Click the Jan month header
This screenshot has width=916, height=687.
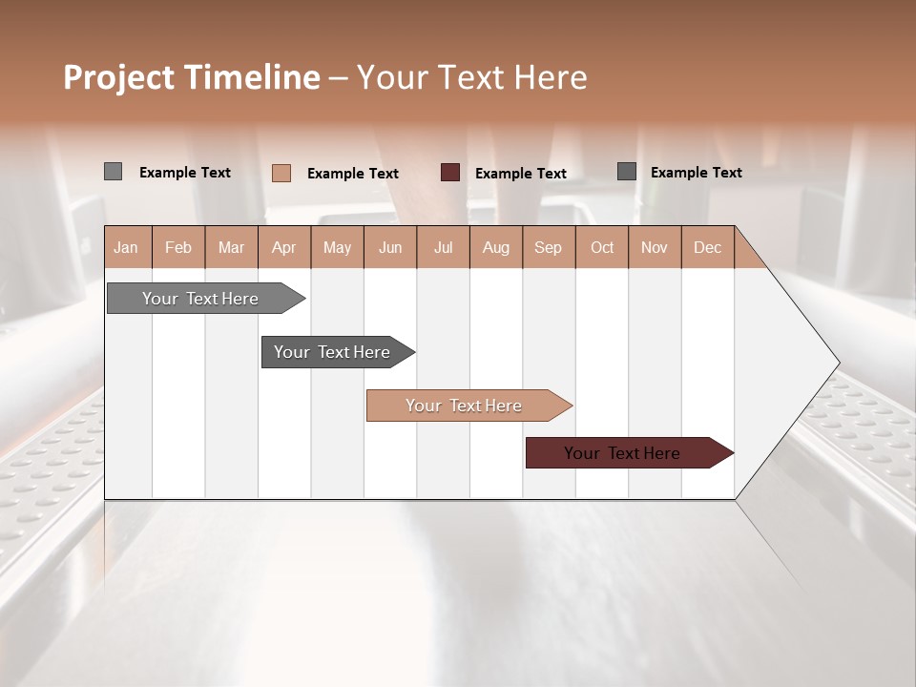click(126, 247)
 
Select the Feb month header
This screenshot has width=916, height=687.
click(178, 247)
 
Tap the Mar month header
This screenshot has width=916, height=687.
click(231, 247)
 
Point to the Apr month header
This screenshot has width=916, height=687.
click(284, 247)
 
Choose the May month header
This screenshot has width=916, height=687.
click(337, 247)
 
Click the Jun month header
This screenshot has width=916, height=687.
click(390, 247)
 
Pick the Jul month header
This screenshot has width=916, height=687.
click(443, 247)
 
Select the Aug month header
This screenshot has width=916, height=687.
click(496, 247)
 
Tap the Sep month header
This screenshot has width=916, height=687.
click(549, 247)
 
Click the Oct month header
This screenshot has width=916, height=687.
click(602, 247)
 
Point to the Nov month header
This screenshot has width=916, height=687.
click(655, 247)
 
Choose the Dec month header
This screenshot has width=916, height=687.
click(707, 247)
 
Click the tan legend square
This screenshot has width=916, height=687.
click(281, 173)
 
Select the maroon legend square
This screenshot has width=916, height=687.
click(450, 173)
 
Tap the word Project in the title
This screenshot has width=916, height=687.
click(119, 77)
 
